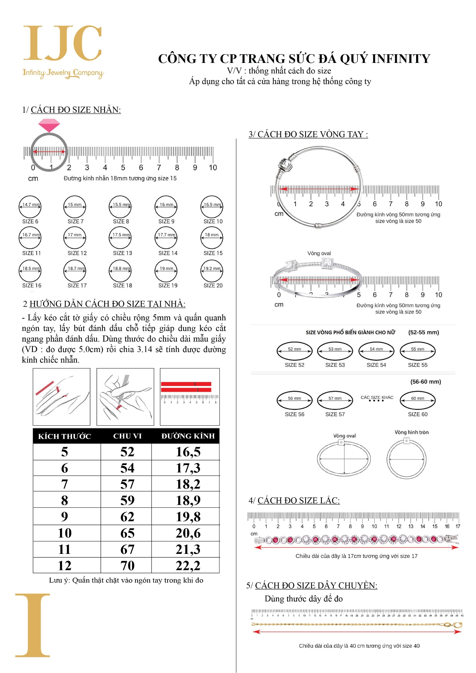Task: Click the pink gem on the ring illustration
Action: tap(49, 126)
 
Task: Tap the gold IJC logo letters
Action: tap(63, 43)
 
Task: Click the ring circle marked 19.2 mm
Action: tap(212, 271)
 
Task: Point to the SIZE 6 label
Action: tap(30, 221)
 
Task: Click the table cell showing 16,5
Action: tap(188, 452)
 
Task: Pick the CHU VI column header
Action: tap(127, 436)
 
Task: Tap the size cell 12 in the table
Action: tap(65, 566)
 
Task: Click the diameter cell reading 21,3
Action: tap(188, 550)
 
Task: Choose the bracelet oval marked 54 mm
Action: tap(376, 351)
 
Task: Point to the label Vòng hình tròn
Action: tap(411, 432)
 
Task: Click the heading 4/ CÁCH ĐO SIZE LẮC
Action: tap(294, 501)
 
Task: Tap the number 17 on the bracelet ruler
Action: tap(458, 526)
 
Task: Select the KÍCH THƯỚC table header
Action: tap(65, 436)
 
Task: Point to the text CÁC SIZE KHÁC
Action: tap(377, 397)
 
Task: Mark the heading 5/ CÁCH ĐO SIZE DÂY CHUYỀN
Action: tap(312, 586)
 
